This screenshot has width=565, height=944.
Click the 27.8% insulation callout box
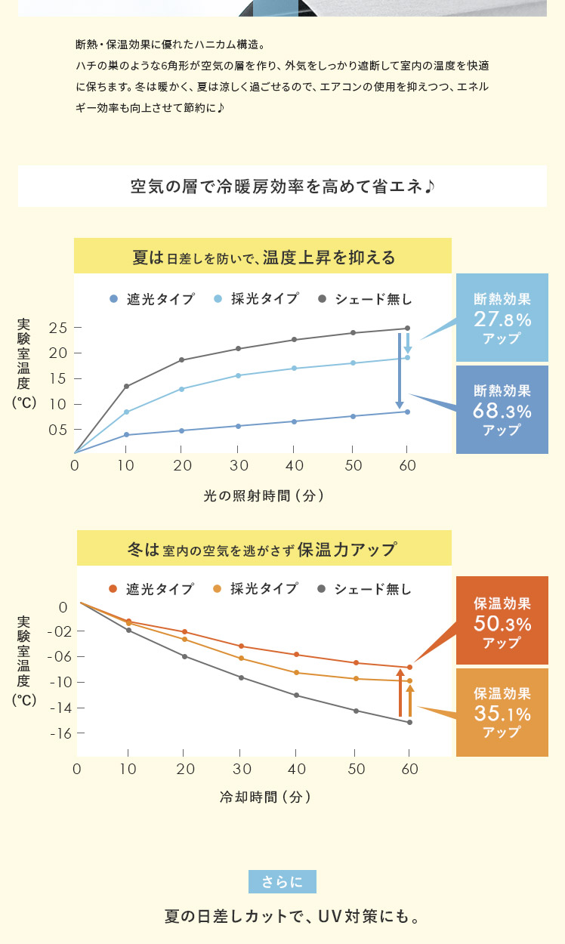502,318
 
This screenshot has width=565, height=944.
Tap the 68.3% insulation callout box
502,410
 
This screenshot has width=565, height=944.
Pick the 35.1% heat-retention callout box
502,711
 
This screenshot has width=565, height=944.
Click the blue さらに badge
282,881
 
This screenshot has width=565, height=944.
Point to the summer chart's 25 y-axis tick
58,328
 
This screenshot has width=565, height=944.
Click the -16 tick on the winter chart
57,733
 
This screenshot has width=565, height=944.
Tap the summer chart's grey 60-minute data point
408,329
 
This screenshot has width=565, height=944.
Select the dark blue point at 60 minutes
408,412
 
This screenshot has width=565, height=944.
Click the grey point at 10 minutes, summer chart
126,387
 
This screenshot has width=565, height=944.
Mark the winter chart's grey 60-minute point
409,723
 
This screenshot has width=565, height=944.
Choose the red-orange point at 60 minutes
409,667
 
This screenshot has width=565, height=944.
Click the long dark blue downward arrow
400,371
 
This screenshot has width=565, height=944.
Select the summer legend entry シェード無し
366,299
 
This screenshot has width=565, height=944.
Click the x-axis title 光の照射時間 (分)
264,496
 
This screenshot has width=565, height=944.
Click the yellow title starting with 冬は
264,549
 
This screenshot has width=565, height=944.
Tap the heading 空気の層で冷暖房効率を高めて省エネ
282,187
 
